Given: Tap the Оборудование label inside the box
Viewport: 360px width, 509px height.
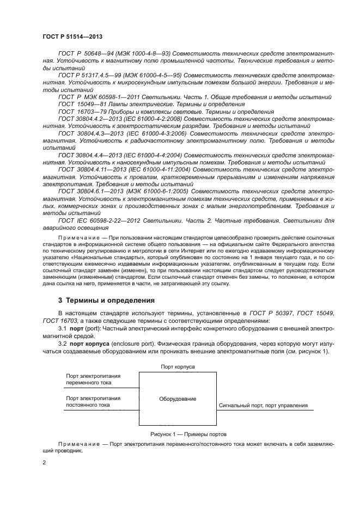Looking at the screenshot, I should pyautogui.click(x=178, y=399).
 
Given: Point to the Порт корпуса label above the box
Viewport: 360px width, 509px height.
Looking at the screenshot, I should pyautogui.click(x=178, y=367).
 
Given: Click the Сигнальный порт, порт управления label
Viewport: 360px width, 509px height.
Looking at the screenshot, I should pyautogui.click(x=263, y=406).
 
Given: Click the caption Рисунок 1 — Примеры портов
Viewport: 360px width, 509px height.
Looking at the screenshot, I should pyautogui.click(x=188, y=434).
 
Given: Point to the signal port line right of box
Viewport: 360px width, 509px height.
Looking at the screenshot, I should pyautogui.click(x=261, y=409).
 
